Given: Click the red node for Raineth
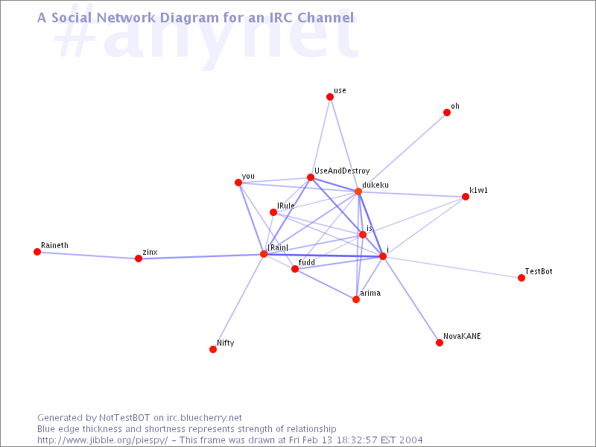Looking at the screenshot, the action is coord(37,252).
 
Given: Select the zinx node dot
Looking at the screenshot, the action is coord(139,259).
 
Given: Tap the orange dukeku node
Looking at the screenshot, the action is coord(358,191).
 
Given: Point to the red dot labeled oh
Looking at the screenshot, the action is coord(447,112).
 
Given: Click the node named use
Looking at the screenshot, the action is coord(330,97).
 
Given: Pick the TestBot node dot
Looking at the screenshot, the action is coord(521,278).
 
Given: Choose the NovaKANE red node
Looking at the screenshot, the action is coord(440,343).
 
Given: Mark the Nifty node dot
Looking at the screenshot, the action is coord(213,349).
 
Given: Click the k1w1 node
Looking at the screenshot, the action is coord(465,197).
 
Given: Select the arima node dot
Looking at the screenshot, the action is coord(356,299).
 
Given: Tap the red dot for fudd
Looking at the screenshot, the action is coord(295,269).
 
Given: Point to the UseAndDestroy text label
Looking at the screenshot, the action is coord(342,171).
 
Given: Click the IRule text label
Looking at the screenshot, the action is coord(286,206).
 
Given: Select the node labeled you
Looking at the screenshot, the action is coord(238,183).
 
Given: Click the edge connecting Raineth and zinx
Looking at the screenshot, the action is coord(88,255).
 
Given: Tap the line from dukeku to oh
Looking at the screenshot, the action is coord(402,152).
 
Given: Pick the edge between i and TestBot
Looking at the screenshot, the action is coord(452,267).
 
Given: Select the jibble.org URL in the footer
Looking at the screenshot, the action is coord(103,440).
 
